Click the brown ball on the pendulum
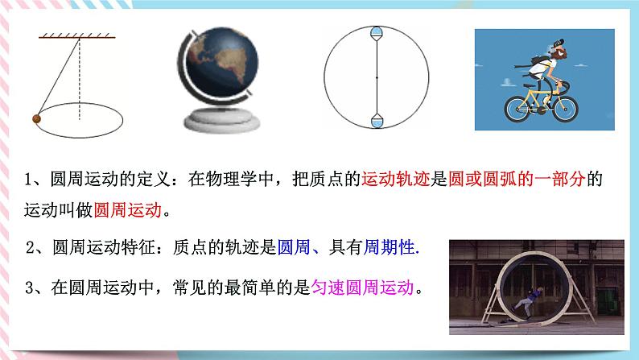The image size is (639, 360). click(35, 120)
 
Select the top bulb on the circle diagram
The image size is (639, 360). click(377, 34)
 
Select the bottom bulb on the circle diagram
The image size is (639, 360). click(377, 121)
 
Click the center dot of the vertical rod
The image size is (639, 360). click(377, 77)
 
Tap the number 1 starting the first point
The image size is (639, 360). click(28, 181)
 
